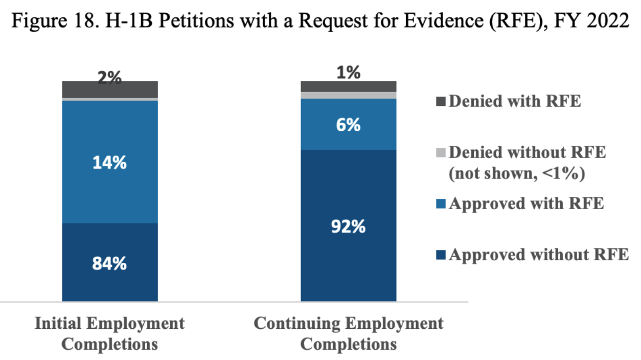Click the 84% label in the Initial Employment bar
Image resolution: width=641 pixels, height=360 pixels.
coord(109,264)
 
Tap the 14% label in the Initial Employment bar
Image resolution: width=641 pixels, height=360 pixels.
coord(109,163)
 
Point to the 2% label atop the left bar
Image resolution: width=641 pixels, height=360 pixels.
coord(109,78)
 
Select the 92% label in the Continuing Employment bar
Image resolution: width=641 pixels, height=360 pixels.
coord(348,227)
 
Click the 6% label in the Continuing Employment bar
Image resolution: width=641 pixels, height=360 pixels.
coord(348,125)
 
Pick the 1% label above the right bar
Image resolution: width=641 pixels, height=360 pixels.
coord(348,73)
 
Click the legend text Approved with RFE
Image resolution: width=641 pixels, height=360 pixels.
coord(526,204)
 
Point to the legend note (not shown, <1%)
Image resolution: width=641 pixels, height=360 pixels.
coord(516,174)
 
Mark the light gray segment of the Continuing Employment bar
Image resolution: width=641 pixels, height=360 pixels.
coord(348,95)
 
